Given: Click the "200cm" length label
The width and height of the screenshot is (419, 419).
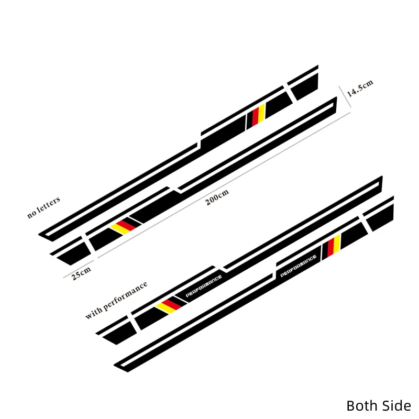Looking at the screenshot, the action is (x=217, y=197).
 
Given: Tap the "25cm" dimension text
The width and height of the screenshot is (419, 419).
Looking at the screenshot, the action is (x=81, y=272).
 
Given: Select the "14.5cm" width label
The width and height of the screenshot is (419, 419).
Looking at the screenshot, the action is (x=360, y=88).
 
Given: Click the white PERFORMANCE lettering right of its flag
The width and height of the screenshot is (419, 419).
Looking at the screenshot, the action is (x=204, y=286).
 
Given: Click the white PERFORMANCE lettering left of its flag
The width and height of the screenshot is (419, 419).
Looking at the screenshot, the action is (x=298, y=266).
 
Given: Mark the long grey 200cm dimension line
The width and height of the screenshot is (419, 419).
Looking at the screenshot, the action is (x=224, y=185).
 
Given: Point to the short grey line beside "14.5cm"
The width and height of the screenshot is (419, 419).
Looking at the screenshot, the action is (x=345, y=96).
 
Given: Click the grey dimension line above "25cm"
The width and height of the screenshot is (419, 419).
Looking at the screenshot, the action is (x=79, y=269).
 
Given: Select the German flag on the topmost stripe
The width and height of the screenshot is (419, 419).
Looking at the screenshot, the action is (x=256, y=115).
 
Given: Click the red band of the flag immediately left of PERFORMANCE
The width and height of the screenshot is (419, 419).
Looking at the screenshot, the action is (x=171, y=305).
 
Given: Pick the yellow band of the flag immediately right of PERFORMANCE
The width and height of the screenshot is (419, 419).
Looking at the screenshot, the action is (x=337, y=243).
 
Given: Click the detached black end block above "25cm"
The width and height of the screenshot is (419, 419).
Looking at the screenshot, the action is (x=74, y=253).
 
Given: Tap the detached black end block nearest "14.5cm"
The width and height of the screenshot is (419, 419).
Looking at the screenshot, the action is (x=305, y=86).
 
